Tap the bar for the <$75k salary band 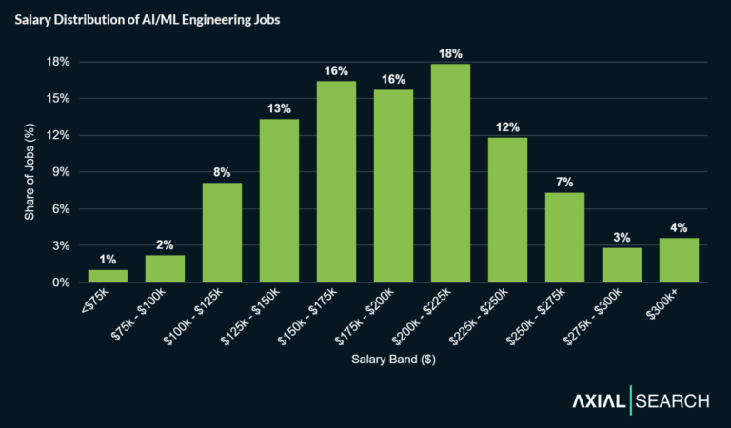pos(108,276)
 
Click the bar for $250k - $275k pos(564,237)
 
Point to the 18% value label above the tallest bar pos(450,53)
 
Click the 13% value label pos(279,108)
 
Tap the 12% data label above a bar pos(507,127)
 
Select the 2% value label pos(165,244)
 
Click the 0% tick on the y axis pos(61,282)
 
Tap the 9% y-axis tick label pos(61,172)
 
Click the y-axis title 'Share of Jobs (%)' pos(29,172)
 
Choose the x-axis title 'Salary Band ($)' pos(392,360)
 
